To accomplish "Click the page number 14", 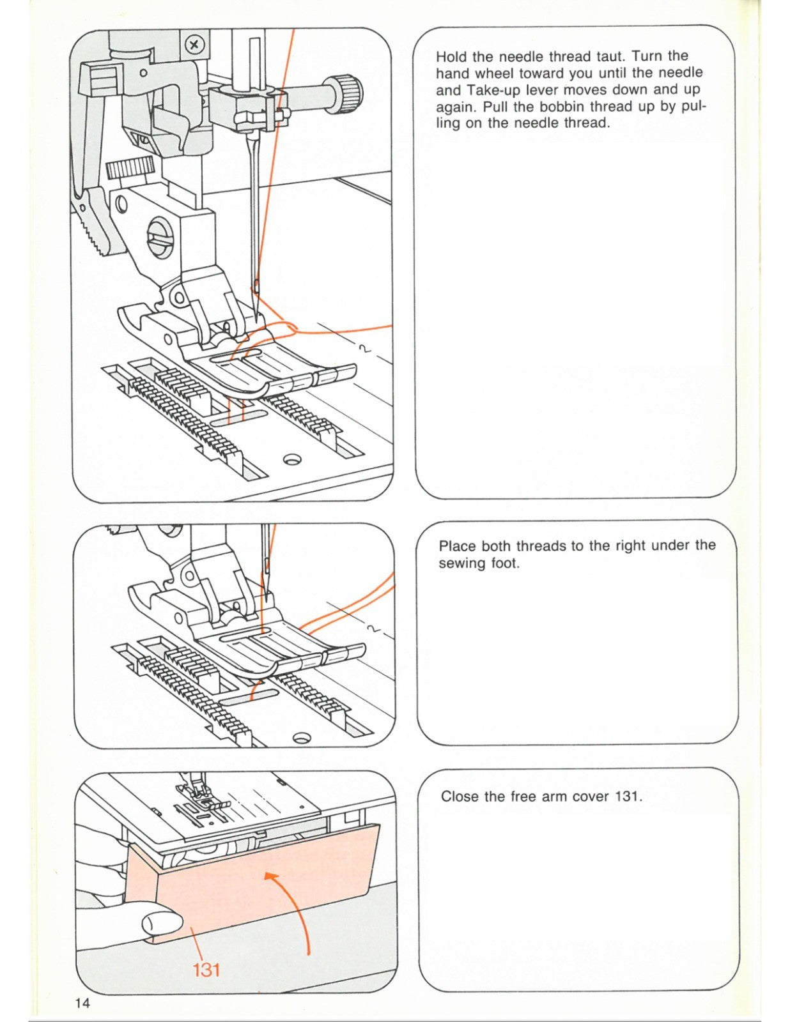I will [x=82, y=1003].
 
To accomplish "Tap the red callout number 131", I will [x=206, y=970].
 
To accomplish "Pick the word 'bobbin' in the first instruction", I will [x=561, y=106].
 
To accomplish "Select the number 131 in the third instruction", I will [x=628, y=797].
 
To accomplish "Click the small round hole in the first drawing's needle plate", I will [x=292, y=459].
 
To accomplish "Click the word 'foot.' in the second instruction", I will [x=504, y=563].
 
